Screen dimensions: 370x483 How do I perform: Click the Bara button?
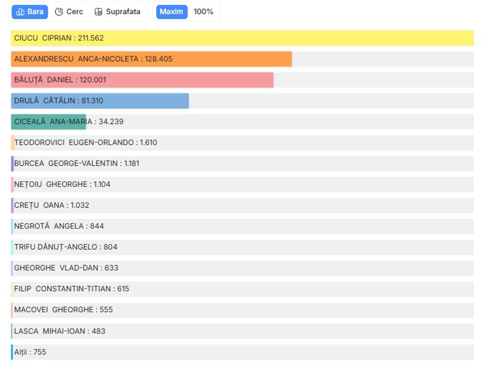[30, 12]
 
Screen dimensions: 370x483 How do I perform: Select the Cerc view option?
[69, 12]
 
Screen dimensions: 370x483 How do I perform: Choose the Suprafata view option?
[117, 12]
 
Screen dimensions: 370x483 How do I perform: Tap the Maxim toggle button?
[172, 12]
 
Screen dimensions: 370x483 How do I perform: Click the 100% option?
[203, 12]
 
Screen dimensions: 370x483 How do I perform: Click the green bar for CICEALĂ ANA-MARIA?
[48, 122]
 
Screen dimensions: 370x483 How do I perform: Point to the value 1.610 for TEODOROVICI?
[149, 143]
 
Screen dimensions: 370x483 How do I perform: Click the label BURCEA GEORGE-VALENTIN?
[66, 164]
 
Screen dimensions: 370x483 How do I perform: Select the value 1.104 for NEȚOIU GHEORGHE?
[102, 185]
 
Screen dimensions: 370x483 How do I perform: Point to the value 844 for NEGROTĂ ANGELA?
[97, 226]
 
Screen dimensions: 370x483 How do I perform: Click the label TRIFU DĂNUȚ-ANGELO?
[55, 247]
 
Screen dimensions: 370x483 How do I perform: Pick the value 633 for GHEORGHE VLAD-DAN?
[111, 268]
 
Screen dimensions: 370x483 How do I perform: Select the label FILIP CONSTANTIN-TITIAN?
[62, 289]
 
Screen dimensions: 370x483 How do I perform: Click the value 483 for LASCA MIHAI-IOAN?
[98, 331]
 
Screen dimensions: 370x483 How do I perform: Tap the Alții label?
[20, 352]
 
